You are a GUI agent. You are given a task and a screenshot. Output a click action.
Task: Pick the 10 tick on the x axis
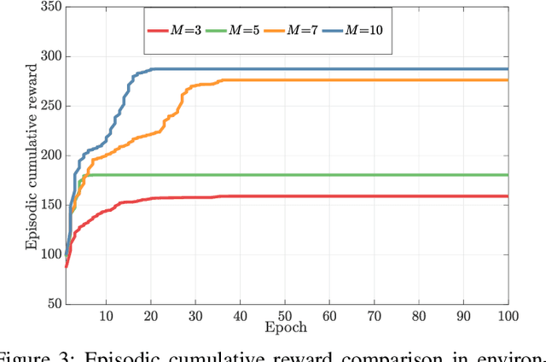point(106,316)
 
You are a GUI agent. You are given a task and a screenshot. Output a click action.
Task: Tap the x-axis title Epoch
point(286,328)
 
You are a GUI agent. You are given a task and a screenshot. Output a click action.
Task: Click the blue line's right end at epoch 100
point(507,69)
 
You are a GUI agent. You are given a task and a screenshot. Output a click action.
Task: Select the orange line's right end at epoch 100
point(507,80)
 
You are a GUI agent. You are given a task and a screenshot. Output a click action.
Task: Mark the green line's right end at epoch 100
point(507,175)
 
